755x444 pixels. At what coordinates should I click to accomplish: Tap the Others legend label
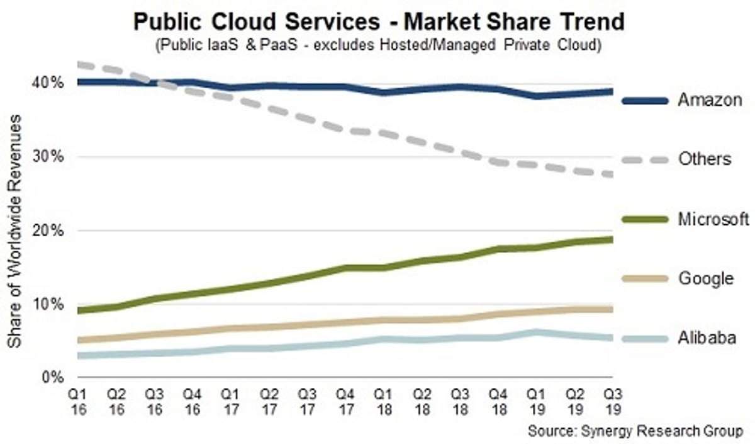click(x=705, y=159)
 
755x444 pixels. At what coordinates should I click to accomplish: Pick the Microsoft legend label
click(x=713, y=219)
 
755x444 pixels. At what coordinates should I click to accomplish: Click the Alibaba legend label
click(x=707, y=338)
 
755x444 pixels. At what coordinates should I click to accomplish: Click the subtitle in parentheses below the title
click(x=379, y=45)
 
